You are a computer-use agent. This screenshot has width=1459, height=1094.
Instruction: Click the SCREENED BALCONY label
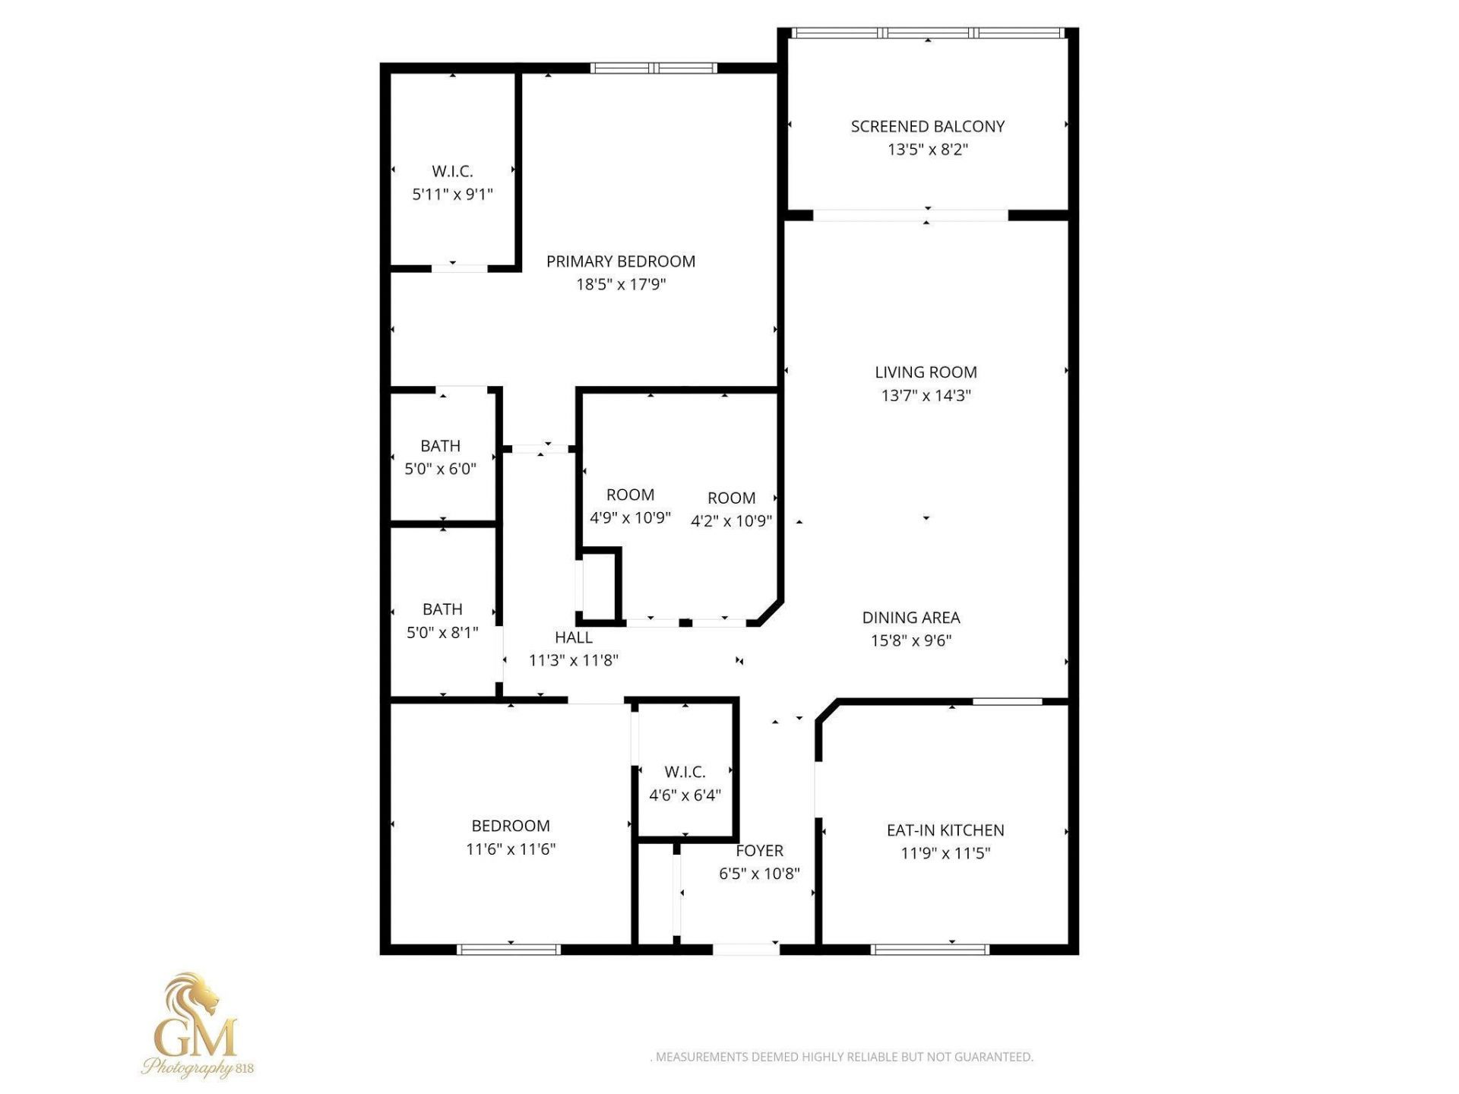pos(927,127)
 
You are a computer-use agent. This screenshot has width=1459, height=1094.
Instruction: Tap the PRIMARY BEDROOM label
pos(620,261)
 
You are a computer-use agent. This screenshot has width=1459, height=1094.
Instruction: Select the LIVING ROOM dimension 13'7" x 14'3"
pos(926,395)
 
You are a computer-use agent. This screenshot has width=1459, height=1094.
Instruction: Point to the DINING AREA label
pos(910,618)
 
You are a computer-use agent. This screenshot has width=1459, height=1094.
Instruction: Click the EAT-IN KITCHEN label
pos(945,830)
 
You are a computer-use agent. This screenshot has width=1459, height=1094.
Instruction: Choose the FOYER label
pos(759,851)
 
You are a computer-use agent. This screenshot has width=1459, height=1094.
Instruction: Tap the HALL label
pos(573,637)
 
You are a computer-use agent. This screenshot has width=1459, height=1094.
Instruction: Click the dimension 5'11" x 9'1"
pos(452,194)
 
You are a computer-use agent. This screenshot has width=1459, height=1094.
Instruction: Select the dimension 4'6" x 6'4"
pos(685,795)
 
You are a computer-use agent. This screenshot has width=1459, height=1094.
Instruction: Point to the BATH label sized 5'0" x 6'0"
pos(440,446)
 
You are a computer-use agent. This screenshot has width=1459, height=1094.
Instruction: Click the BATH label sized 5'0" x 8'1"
pos(442,609)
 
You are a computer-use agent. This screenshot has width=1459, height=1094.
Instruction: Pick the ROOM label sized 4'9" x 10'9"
pos(630,495)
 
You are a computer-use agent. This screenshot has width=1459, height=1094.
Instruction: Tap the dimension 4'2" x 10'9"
pos(731,521)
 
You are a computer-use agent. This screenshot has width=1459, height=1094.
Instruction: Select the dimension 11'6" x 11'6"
pos(511,849)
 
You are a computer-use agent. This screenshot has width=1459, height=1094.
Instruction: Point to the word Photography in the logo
pos(186,1067)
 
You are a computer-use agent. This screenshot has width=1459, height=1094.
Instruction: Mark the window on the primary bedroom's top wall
pos(654,68)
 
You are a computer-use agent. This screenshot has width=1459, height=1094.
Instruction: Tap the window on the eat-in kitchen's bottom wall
pos(929,949)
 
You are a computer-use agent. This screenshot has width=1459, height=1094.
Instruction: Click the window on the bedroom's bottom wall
pos(508,949)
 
